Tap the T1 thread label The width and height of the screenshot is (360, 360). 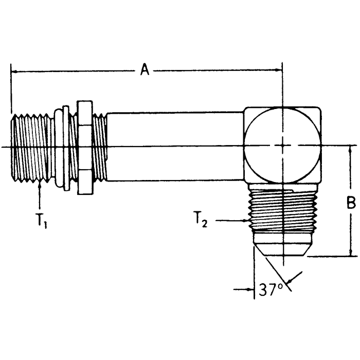[41, 221]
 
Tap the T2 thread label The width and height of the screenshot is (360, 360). [202, 221]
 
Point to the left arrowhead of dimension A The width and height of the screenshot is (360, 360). [14, 71]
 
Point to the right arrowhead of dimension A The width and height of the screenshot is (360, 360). [279, 71]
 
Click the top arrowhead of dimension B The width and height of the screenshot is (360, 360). [351, 150]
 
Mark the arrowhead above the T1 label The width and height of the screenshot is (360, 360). [40, 185]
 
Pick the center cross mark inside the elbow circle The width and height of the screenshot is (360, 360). [282, 147]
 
